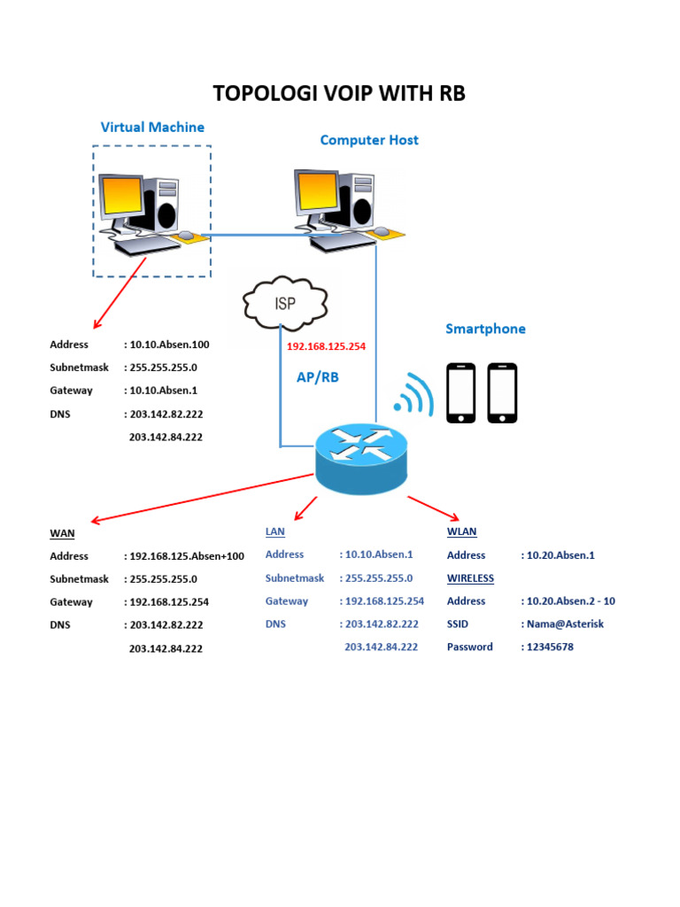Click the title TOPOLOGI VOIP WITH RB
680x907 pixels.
[x=339, y=94]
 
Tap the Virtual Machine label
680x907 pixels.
[x=152, y=127]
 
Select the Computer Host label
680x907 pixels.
[x=369, y=140]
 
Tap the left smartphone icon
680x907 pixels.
[x=460, y=392]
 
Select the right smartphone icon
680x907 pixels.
[x=502, y=392]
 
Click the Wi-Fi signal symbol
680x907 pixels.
[x=413, y=395]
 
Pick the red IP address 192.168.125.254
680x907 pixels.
[x=326, y=346]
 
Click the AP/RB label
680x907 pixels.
[x=317, y=377]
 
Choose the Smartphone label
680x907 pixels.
[x=485, y=329]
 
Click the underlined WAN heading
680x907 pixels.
[x=62, y=533]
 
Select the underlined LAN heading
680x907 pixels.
[x=275, y=531]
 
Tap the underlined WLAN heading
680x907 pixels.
[x=461, y=531]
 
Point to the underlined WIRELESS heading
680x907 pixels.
[x=470, y=578]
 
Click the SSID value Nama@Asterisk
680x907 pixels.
[x=565, y=624]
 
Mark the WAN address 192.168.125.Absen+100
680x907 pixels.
[x=187, y=556]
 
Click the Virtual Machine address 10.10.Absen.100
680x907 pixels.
[x=169, y=345]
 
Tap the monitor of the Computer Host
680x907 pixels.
[x=317, y=191]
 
